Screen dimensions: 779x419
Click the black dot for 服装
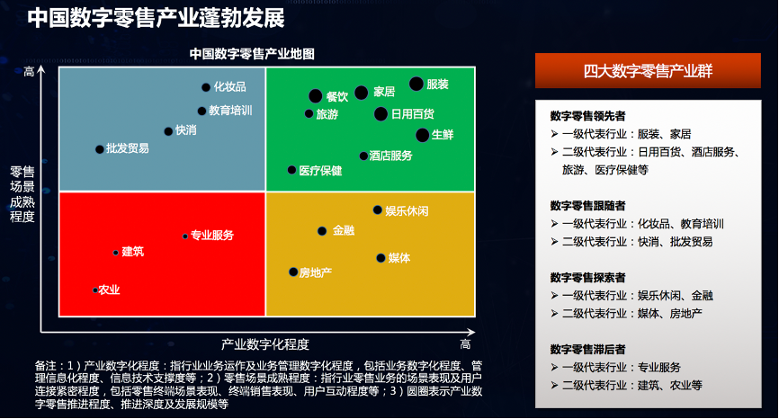[416, 84]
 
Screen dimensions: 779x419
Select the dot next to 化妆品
[206, 87]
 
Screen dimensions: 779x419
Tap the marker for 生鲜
[422, 135]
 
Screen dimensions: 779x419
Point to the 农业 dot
[94, 290]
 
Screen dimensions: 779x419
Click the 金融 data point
[322, 231]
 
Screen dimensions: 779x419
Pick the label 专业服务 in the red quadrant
[212, 236]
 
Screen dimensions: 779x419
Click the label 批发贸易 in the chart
[127, 148]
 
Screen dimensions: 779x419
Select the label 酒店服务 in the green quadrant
[391, 156]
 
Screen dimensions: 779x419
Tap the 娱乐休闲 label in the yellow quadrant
[407, 211]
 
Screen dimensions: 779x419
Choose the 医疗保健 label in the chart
[320, 171]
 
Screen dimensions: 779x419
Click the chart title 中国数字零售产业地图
[252, 54]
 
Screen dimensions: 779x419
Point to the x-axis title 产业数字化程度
[265, 344]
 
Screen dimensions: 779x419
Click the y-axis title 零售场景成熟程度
[22, 194]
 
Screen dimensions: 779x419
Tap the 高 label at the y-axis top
[30, 72]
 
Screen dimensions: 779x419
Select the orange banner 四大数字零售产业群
[648, 70]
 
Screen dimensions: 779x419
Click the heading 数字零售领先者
[587, 116]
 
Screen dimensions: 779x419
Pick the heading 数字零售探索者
[587, 278]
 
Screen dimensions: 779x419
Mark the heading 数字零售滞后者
[587, 350]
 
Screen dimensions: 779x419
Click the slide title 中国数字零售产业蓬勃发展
[156, 18]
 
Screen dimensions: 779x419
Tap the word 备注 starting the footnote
[46, 366]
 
